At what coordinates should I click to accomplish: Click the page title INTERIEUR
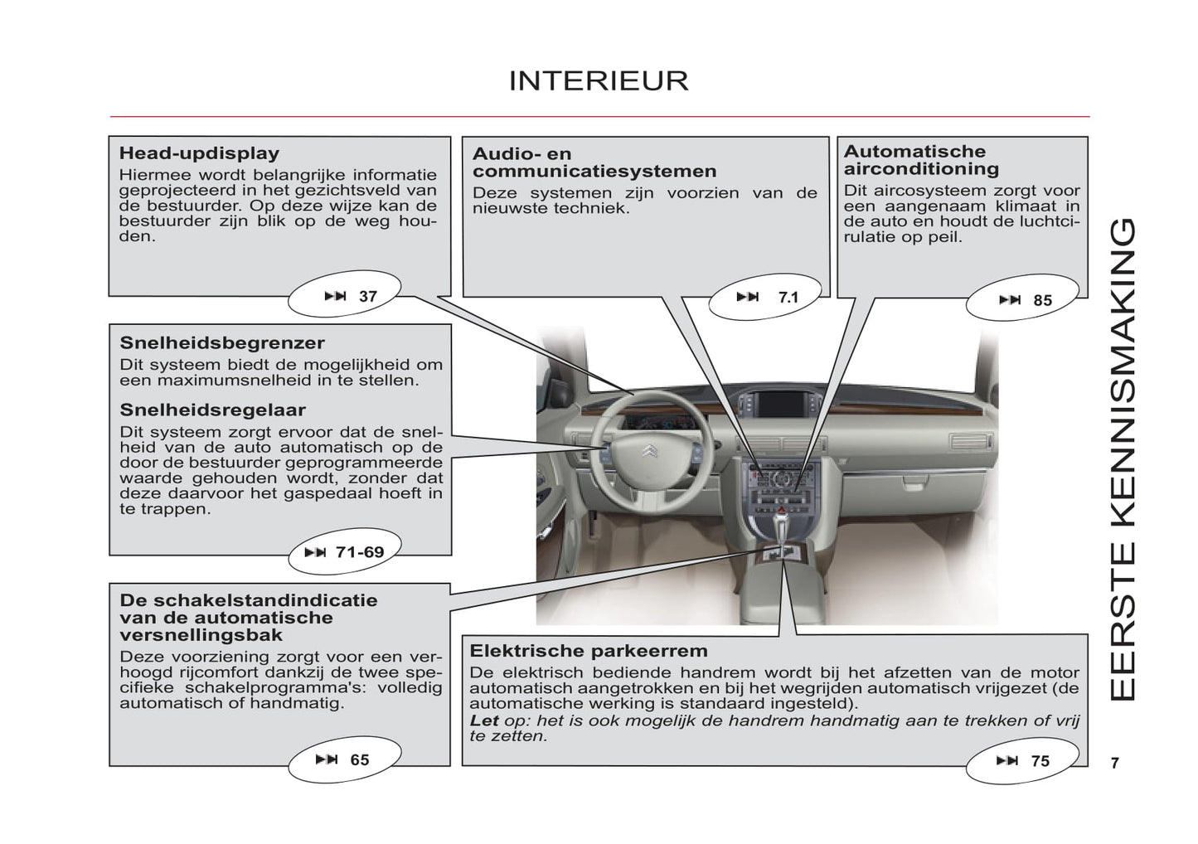click(598, 80)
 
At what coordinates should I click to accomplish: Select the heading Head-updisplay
click(199, 153)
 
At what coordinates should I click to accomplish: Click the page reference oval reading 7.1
click(766, 297)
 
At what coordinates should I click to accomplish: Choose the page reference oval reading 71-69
click(344, 552)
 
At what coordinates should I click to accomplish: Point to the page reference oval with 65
click(344, 759)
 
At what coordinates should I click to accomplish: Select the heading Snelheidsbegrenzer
click(222, 343)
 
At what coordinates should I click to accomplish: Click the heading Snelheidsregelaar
click(213, 410)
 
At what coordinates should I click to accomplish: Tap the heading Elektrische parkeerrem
click(589, 651)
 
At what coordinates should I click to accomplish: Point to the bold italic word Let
click(484, 720)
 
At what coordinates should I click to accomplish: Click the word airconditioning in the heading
click(921, 169)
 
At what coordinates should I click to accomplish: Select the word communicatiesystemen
click(594, 172)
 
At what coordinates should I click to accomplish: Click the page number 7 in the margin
click(1115, 763)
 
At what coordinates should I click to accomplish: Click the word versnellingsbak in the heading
click(201, 636)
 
